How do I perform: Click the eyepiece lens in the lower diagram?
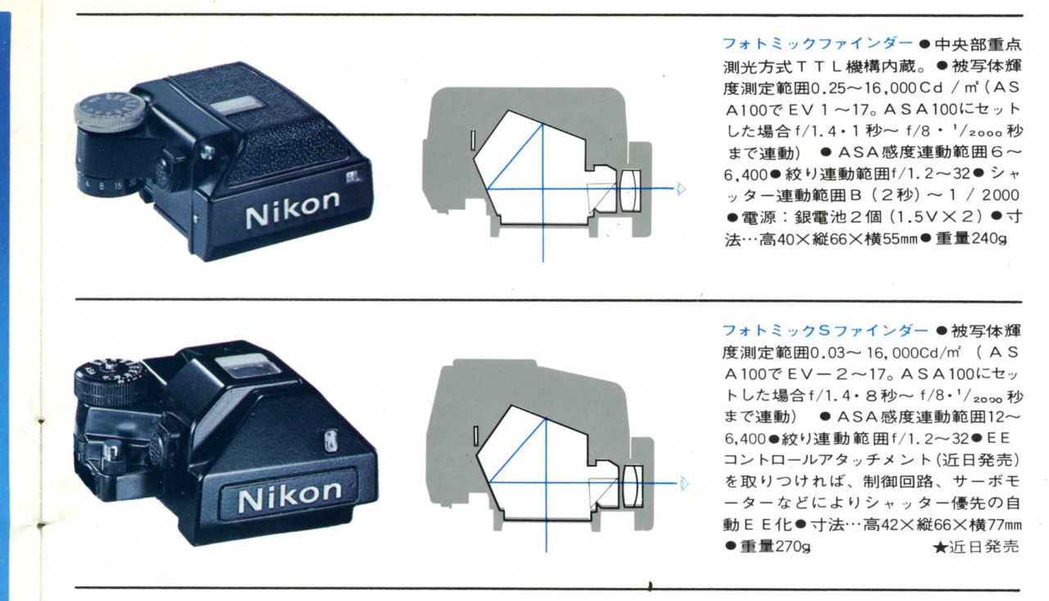tap(633, 485)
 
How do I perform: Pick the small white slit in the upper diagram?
tap(474, 141)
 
